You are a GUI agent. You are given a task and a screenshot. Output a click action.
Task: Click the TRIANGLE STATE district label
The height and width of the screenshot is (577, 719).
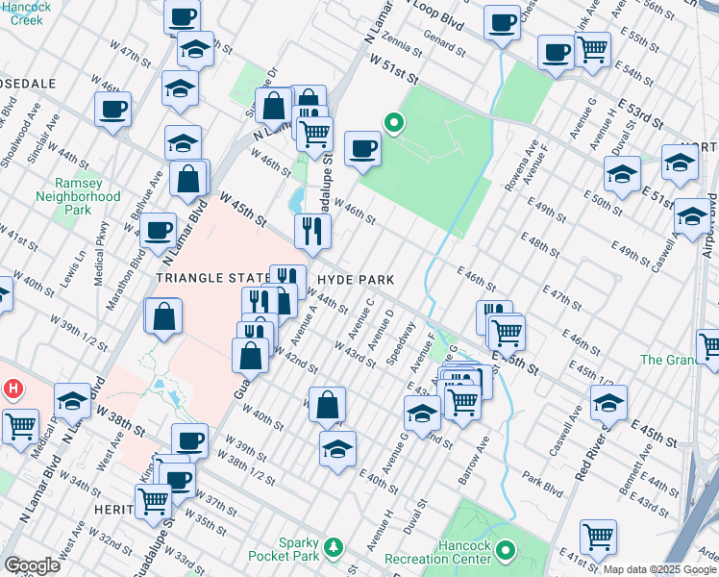click(210, 278)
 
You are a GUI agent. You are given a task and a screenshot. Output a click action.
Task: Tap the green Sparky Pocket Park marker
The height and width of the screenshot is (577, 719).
click(334, 547)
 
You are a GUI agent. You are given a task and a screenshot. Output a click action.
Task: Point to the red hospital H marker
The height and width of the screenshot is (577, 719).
click(13, 389)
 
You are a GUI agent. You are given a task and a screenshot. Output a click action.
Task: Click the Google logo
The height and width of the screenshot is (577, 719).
click(32, 565)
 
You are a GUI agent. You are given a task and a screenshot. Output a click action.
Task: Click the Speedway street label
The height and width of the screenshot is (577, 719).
click(400, 352)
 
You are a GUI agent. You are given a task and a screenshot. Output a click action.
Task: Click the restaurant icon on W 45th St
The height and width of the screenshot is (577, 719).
click(312, 231)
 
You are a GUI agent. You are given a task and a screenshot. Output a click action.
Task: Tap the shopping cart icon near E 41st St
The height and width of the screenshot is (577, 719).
click(598, 538)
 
